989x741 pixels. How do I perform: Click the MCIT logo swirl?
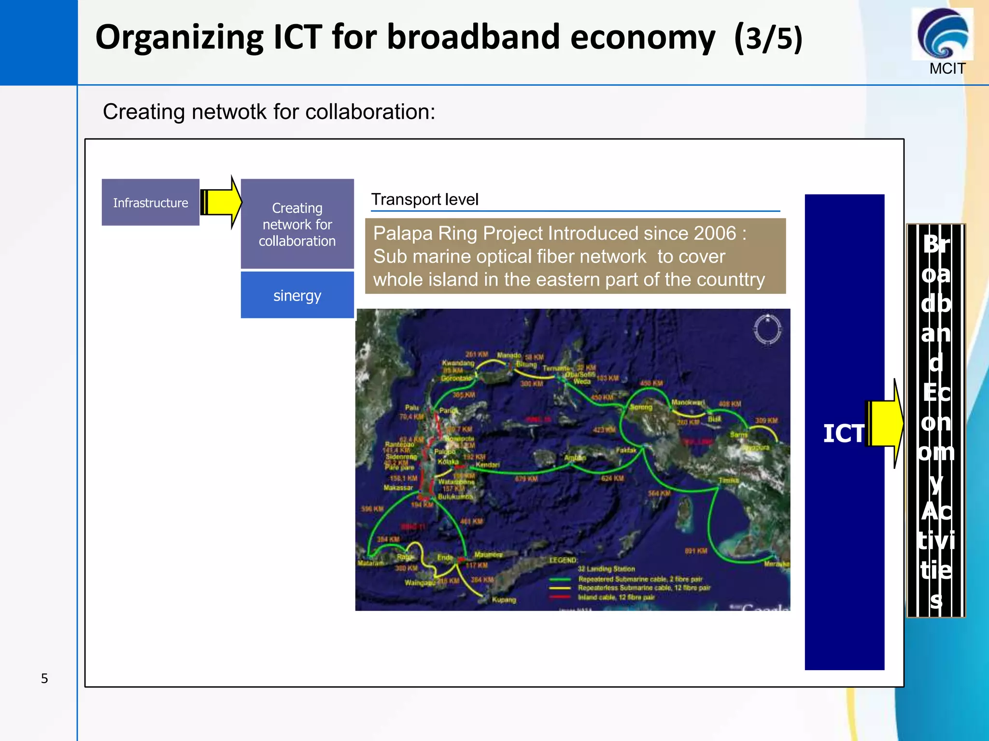[x=942, y=34]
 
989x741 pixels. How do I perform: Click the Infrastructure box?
[x=150, y=202]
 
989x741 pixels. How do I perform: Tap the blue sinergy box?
[x=297, y=295]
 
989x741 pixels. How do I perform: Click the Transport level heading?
[x=424, y=199]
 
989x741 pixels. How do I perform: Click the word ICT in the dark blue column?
[x=843, y=433]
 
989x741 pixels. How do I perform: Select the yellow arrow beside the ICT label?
[x=885, y=424]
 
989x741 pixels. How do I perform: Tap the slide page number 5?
[x=44, y=678]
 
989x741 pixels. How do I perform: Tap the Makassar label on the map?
[x=398, y=488]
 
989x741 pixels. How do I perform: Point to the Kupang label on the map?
[x=504, y=600]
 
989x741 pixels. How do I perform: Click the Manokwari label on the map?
[x=688, y=402]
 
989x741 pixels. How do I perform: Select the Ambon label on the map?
[x=575, y=457]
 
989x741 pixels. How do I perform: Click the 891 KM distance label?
[x=695, y=550]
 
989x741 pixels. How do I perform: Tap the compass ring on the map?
[x=767, y=330]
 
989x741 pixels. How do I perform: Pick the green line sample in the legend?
[x=560, y=579]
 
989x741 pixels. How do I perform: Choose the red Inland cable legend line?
[x=560, y=597]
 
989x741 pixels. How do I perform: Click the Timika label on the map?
[x=728, y=480]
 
